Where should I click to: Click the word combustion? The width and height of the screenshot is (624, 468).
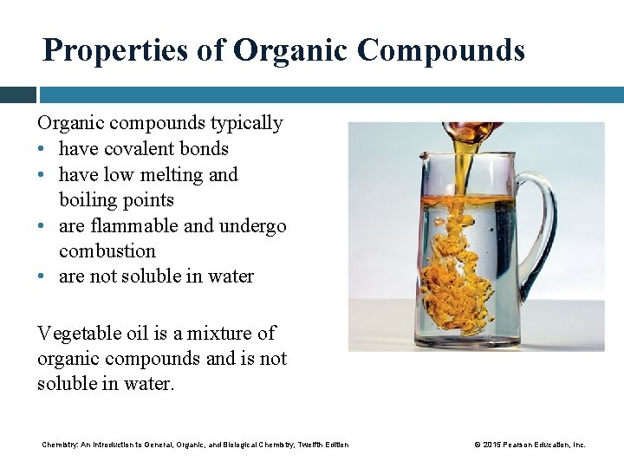point(107,251)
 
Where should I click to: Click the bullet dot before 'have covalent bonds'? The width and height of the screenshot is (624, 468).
point(42,150)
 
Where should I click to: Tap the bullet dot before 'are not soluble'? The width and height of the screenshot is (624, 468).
point(42,277)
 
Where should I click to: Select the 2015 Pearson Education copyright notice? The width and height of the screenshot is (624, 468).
point(530,445)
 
